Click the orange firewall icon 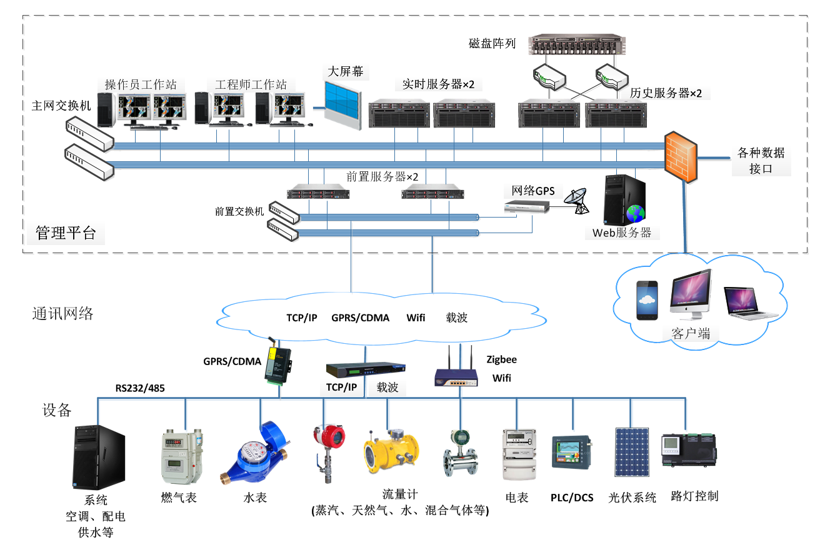(681, 156)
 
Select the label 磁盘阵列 (492, 44)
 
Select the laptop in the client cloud (750, 303)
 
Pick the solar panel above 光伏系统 (632, 452)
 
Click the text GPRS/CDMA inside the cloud (360, 318)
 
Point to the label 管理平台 (66, 234)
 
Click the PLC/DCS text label (572, 498)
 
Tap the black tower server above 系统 (99, 458)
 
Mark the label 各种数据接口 (761, 161)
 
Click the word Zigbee (502, 359)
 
